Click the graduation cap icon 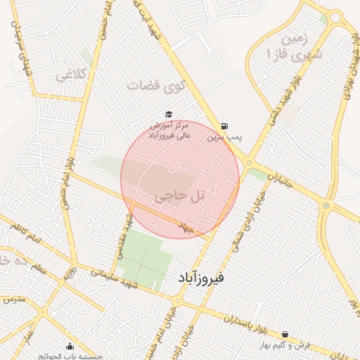[x=168, y=114]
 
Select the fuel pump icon [x=224, y=126]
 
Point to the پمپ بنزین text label [x=224, y=139]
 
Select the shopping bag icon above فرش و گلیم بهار [x=285, y=335]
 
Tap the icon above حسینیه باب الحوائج [x=70, y=346]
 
